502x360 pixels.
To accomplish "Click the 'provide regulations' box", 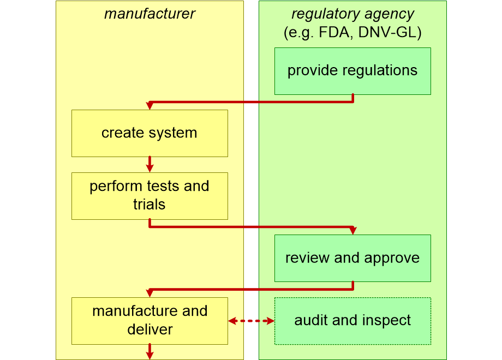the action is point(352,71).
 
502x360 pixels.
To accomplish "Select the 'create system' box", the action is point(150,134).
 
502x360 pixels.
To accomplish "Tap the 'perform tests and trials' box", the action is point(150,196).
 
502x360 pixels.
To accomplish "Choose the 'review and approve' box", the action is point(352,258).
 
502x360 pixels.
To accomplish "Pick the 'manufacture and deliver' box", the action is point(150,321).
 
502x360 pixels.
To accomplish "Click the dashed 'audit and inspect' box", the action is point(352,321).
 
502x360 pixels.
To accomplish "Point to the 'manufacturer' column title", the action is point(150,14).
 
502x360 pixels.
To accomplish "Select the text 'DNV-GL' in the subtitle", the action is point(387,32).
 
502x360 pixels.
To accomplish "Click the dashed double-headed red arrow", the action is point(252,321).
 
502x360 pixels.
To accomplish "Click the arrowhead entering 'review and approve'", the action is point(353,230).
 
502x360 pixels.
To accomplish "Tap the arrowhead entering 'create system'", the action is point(150,106).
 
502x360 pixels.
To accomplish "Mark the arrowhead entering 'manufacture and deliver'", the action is point(150,293).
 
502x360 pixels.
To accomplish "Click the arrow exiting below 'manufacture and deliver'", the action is point(150,352).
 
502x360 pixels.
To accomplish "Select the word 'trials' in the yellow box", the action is point(149,205).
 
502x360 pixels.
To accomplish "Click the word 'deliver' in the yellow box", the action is point(150,329).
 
